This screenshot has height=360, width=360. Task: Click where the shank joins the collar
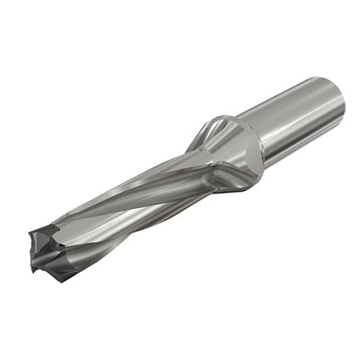(x=263, y=140)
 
